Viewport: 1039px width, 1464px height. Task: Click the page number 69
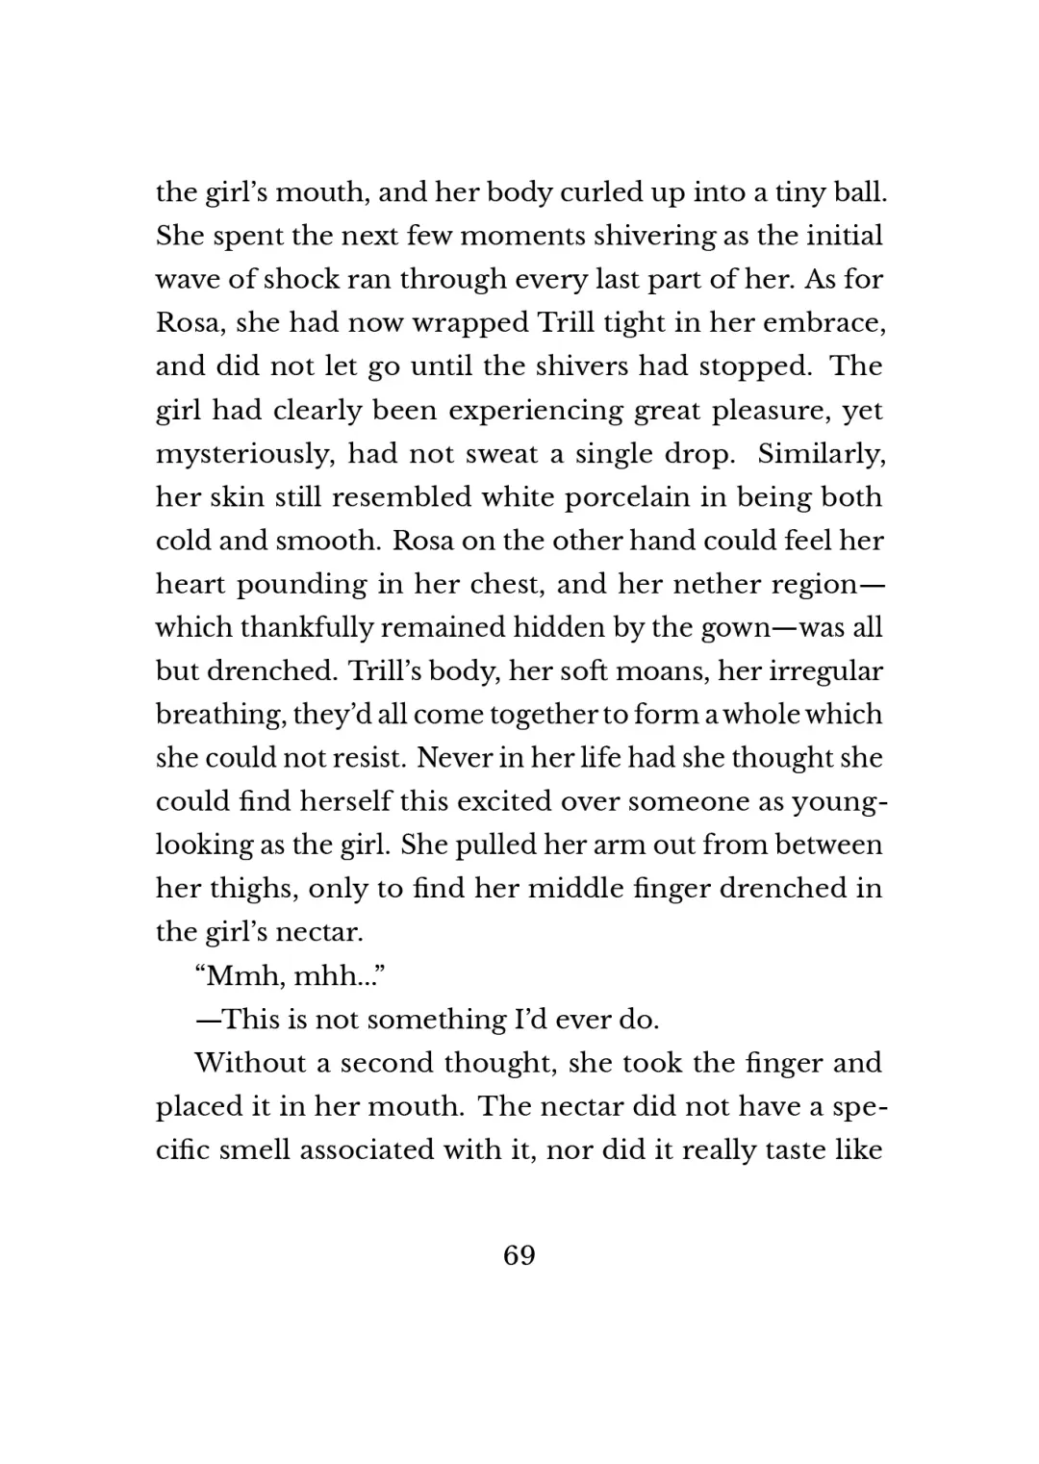click(x=519, y=1255)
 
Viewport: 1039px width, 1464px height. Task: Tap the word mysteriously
click(x=244, y=454)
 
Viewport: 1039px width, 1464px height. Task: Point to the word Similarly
click(x=821, y=453)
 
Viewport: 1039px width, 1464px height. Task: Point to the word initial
click(x=843, y=237)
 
